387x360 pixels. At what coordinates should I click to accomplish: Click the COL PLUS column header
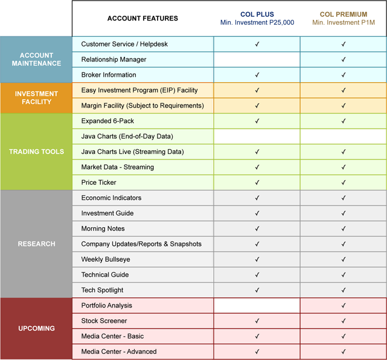click(257, 14)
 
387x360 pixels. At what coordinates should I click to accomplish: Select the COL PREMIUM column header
click(343, 14)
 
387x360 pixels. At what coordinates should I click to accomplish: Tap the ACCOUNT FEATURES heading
click(142, 18)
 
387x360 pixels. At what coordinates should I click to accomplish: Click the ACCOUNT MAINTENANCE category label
click(36, 59)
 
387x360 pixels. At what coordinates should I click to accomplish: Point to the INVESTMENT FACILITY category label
click(36, 98)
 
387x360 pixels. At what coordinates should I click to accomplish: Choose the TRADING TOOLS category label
click(36, 152)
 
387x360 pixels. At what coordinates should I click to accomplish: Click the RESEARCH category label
click(36, 244)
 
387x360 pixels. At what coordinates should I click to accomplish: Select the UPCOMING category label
click(36, 329)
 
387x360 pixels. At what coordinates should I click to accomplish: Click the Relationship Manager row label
click(114, 60)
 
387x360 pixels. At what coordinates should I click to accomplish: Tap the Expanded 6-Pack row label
click(108, 121)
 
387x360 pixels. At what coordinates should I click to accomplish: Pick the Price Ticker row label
click(98, 182)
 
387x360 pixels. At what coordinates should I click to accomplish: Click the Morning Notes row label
click(103, 229)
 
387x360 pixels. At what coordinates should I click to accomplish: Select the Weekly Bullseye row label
click(105, 260)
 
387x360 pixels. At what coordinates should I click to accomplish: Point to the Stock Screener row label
click(104, 321)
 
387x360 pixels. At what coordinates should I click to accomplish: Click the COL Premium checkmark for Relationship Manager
click(344, 60)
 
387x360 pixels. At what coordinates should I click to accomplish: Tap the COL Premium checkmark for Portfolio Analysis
click(344, 306)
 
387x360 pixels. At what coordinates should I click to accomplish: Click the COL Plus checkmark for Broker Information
click(257, 75)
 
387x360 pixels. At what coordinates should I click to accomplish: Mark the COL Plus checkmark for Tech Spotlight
click(257, 291)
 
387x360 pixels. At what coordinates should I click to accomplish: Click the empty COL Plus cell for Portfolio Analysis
click(257, 306)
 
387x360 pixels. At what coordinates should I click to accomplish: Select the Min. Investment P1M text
click(343, 23)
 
